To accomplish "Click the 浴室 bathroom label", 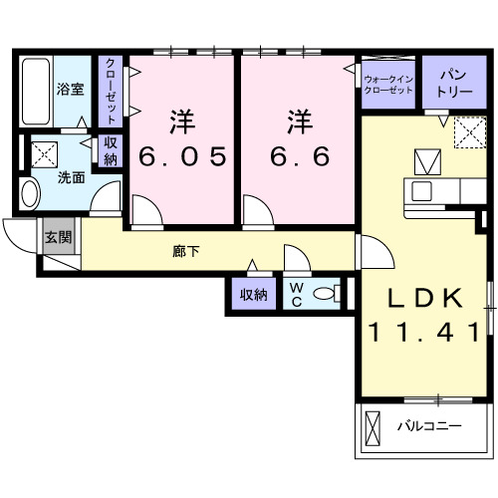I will [70, 89].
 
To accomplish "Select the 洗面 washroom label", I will [70, 178].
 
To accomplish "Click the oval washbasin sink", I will [29, 192].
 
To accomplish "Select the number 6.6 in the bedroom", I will [298, 156].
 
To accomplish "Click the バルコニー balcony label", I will [429, 426].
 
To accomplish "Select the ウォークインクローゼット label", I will [388, 84].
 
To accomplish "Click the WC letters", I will [297, 293].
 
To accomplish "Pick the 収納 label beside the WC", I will [253, 294].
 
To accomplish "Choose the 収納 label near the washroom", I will [110, 149].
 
